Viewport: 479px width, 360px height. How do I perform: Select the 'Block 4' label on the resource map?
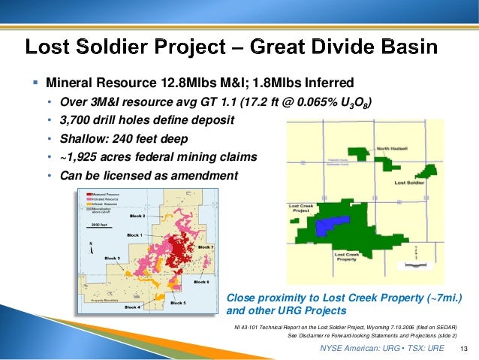click(x=132, y=307)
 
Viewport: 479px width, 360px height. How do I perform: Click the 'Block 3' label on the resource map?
click(x=113, y=257)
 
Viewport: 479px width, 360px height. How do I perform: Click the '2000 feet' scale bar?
click(x=100, y=225)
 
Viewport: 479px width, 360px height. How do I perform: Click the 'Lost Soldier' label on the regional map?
click(x=410, y=183)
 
